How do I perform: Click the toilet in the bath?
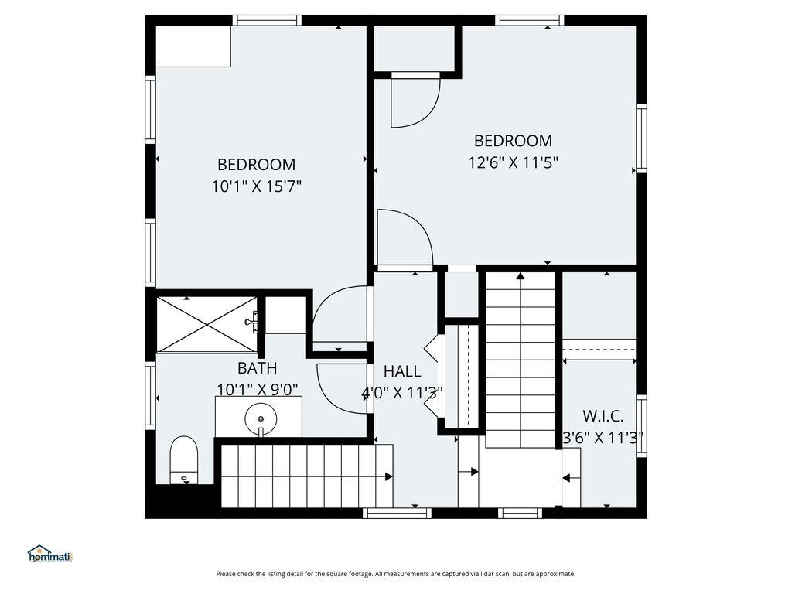[183, 459]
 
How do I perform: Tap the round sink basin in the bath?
[261, 418]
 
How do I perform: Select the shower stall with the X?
[207, 324]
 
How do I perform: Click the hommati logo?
[50, 554]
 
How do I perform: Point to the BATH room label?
[257, 368]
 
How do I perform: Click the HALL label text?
[402, 371]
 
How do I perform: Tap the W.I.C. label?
[603, 416]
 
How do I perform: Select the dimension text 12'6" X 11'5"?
[514, 162]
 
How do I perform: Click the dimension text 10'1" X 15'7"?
[257, 186]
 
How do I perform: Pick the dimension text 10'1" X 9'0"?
[257, 390]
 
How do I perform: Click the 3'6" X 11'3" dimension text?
[603, 438]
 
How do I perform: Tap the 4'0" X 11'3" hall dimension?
[402, 392]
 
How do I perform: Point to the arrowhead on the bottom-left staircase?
[389, 476]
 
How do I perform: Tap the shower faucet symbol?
[251, 321]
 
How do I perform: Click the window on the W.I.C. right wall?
[641, 426]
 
